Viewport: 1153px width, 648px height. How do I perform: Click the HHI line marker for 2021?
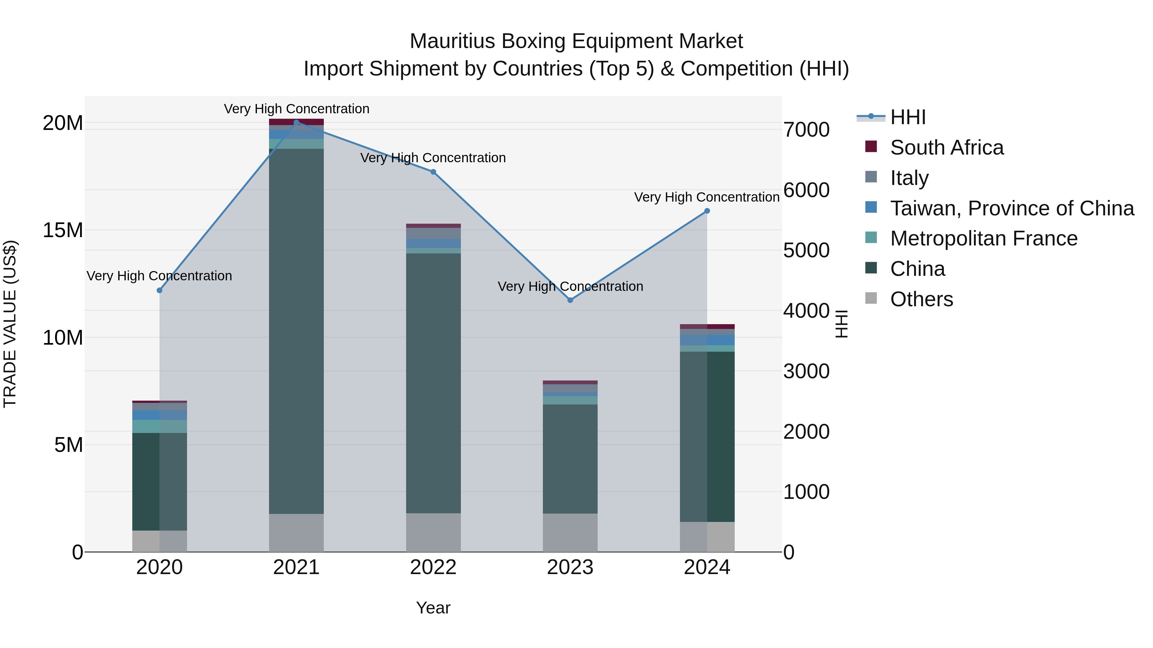coord(296,123)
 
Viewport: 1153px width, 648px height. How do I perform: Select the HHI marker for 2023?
coord(570,300)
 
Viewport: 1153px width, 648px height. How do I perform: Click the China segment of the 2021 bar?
coord(296,331)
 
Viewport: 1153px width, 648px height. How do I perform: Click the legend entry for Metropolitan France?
coord(983,238)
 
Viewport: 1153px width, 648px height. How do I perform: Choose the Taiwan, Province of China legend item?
coord(1011,208)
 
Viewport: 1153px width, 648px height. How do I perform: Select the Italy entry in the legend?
coord(909,178)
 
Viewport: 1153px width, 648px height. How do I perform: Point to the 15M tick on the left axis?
coord(63,230)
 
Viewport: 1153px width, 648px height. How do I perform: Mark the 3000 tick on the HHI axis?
coord(806,371)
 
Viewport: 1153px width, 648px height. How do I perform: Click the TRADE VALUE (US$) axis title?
coord(10,324)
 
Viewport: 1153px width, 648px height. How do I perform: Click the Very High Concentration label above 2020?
coord(159,276)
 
